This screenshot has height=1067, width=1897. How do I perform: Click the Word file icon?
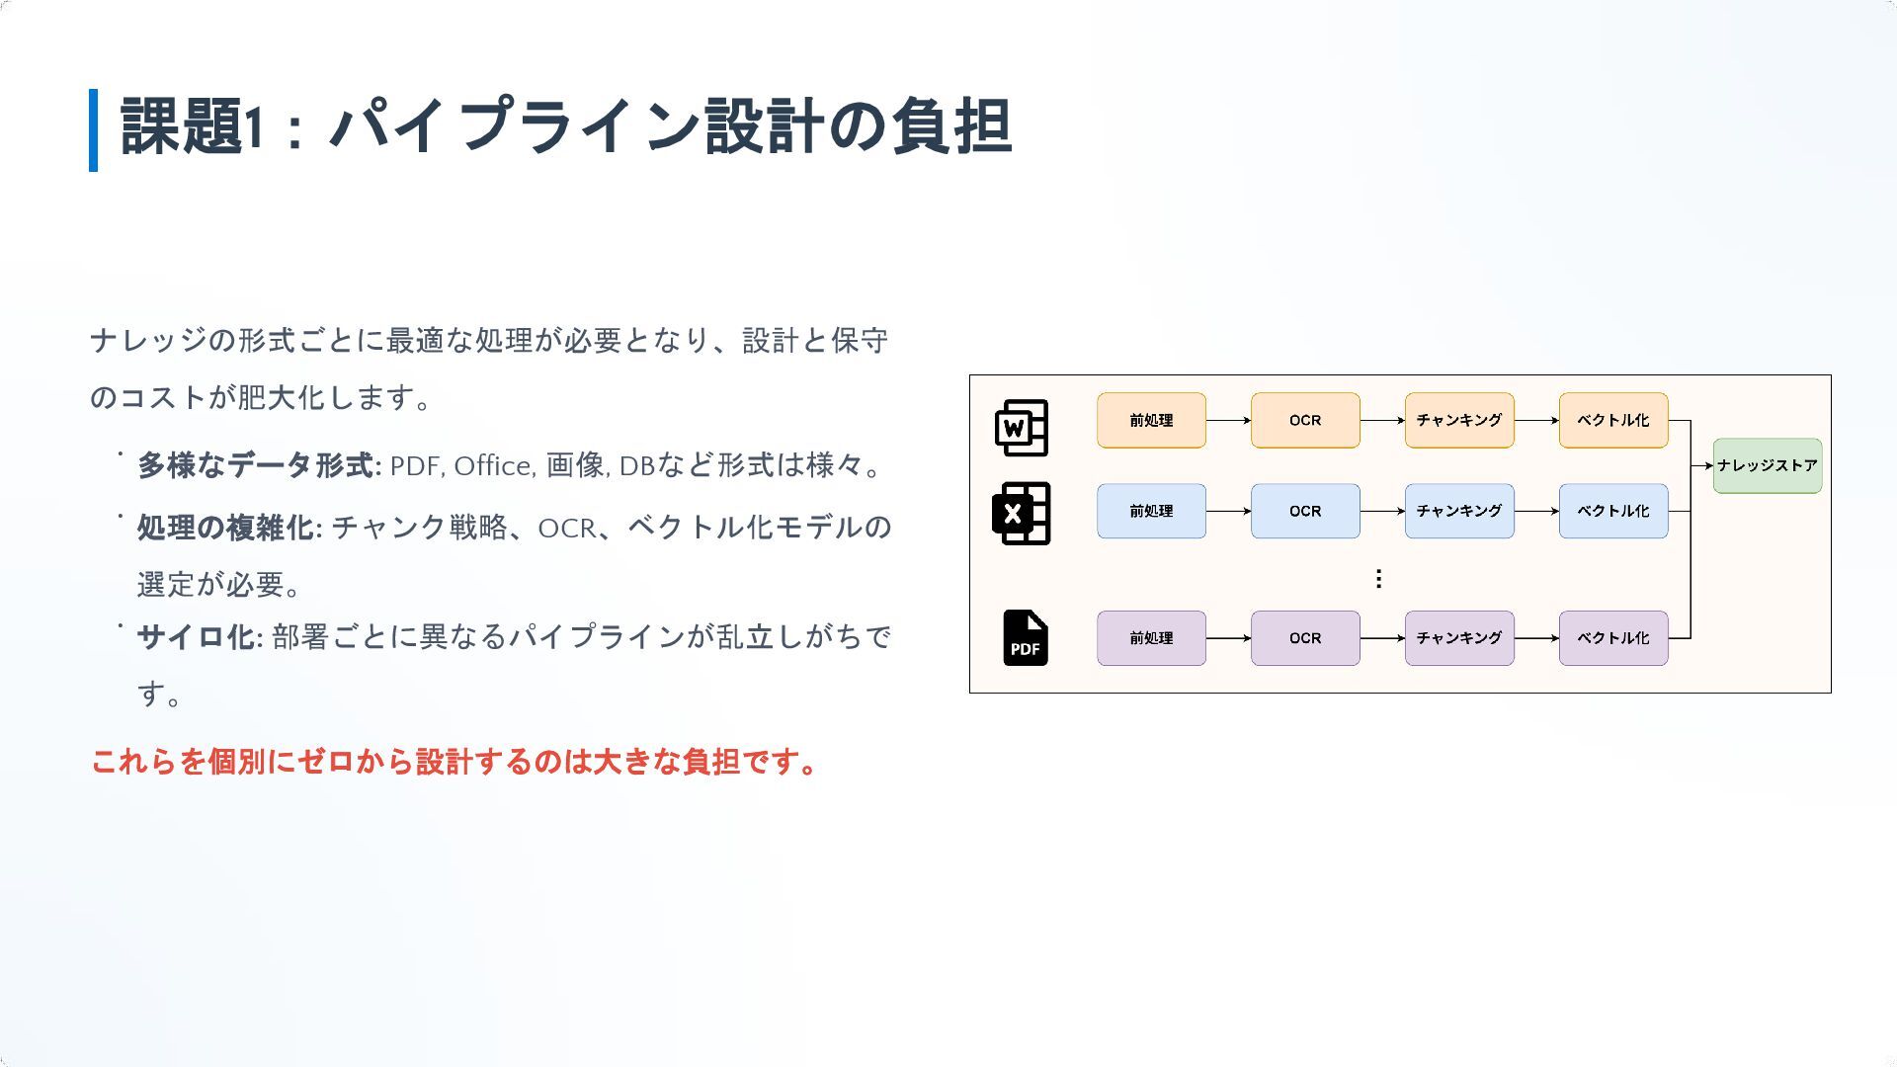pyautogui.click(x=1021, y=427)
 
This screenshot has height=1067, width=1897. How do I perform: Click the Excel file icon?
pyautogui.click(x=1021, y=513)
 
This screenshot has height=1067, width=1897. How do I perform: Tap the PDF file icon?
pyautogui.click(x=1025, y=638)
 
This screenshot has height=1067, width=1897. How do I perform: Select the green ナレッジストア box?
pyautogui.click(x=1767, y=465)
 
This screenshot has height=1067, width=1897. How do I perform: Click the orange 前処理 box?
pyautogui.click(x=1151, y=420)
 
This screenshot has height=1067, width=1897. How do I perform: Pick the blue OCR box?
pyautogui.click(x=1305, y=511)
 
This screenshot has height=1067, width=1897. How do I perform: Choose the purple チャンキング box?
pyautogui.click(x=1459, y=638)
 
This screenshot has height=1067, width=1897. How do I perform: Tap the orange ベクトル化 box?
pyautogui.click(x=1613, y=420)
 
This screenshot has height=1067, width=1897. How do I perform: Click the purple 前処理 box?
pyautogui.click(x=1151, y=638)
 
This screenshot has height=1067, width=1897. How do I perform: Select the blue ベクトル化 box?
pyautogui.click(x=1613, y=511)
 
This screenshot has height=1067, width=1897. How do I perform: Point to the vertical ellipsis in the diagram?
pyautogui.click(x=1378, y=578)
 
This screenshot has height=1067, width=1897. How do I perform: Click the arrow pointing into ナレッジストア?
pyautogui.click(x=1702, y=465)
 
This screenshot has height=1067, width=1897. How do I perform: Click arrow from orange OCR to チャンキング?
pyautogui.click(x=1382, y=420)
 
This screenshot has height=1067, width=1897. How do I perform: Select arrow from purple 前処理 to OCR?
pyautogui.click(x=1228, y=638)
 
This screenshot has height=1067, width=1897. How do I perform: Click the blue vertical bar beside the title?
pyautogui.click(x=94, y=129)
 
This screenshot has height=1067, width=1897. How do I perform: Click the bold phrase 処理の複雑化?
pyautogui.click(x=225, y=528)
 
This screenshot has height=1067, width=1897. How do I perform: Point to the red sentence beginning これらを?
pyautogui.click(x=454, y=762)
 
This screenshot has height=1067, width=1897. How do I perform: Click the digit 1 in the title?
pyautogui.click(x=254, y=127)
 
